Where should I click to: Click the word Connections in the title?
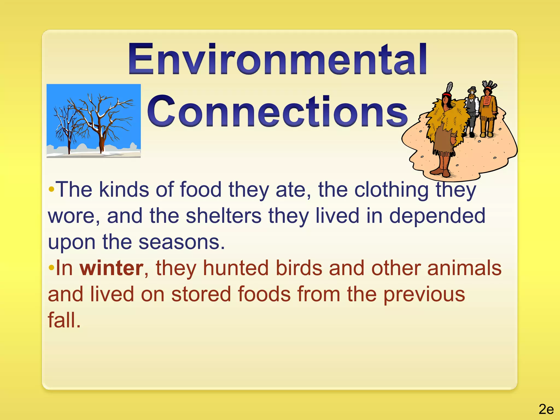(x=277, y=112)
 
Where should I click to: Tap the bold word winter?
(x=111, y=268)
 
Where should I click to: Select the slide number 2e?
(x=546, y=409)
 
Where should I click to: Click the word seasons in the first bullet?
(x=182, y=242)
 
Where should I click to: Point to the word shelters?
(x=223, y=216)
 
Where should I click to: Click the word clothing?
(x=391, y=189)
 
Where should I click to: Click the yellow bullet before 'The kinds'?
(x=51, y=189)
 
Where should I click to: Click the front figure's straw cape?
(x=446, y=120)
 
